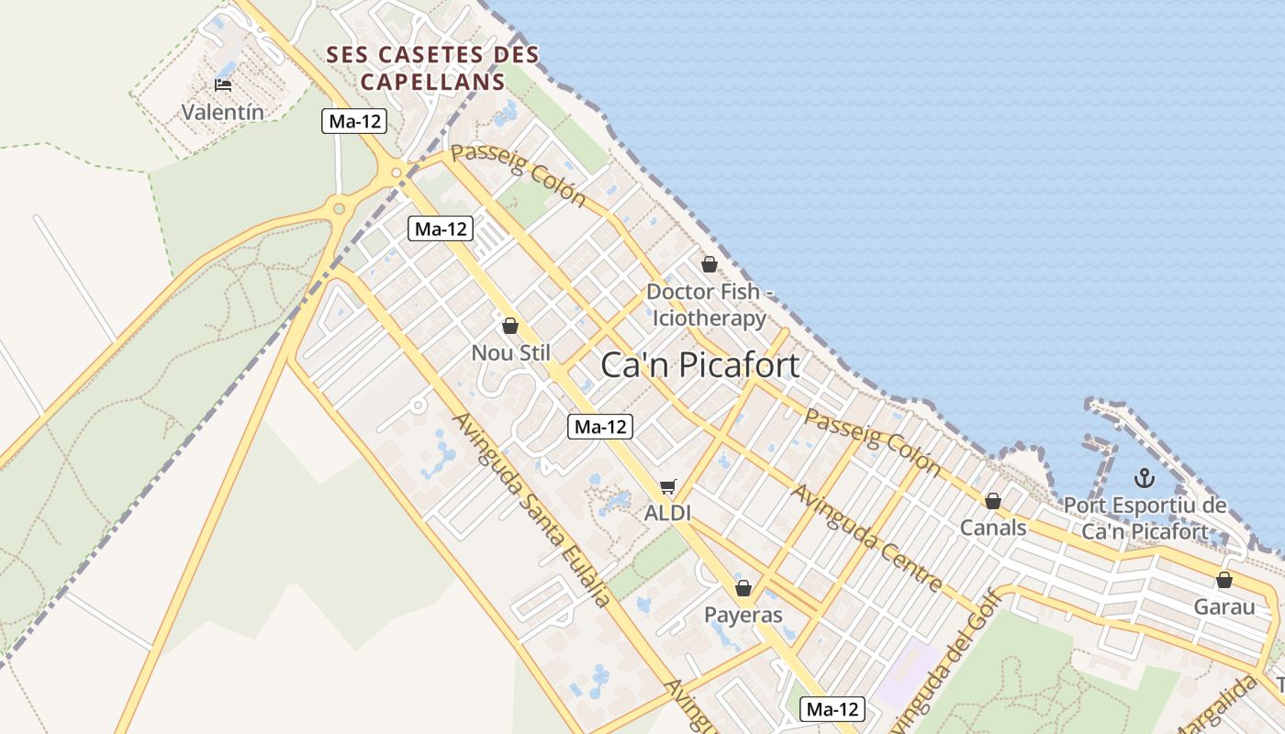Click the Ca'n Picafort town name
(x=699, y=365)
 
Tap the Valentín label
(x=223, y=113)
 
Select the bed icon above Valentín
(x=223, y=85)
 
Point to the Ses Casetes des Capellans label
(x=433, y=68)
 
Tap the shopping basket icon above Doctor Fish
(x=710, y=265)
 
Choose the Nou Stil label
(x=510, y=352)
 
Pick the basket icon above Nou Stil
(x=510, y=326)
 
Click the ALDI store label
(x=667, y=513)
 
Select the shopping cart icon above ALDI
(x=667, y=487)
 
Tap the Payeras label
(x=743, y=614)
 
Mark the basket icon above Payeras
(x=743, y=588)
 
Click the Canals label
(x=993, y=528)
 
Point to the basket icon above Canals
(x=992, y=501)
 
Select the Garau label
(x=1224, y=606)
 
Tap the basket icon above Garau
(x=1224, y=580)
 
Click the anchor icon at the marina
(x=1144, y=477)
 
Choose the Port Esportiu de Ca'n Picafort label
(x=1145, y=518)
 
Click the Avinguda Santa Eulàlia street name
(x=532, y=509)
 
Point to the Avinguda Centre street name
(x=866, y=537)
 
